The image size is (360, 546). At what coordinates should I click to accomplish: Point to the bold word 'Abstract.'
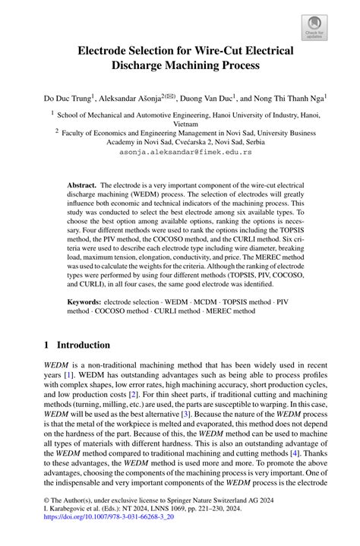[x=82, y=185]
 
